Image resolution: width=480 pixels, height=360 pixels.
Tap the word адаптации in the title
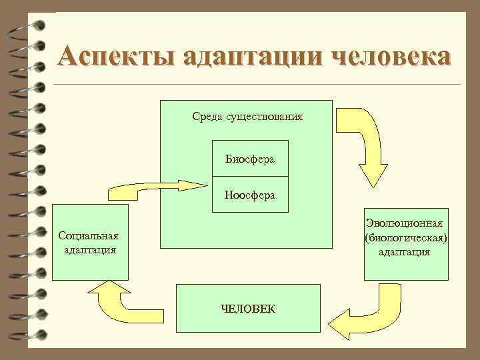[x=246, y=57]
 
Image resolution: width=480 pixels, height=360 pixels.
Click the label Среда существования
[x=247, y=117]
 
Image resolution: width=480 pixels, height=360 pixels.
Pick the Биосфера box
[x=250, y=159]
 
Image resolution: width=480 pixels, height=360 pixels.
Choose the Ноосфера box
[x=250, y=195]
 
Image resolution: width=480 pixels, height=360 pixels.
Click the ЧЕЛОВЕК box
[x=247, y=308]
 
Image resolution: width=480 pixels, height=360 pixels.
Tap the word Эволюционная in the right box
[x=405, y=227]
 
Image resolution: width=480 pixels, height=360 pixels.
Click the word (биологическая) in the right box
[x=405, y=239]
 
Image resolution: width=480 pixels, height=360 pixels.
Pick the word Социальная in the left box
[x=89, y=236]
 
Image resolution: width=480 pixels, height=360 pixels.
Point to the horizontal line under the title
[x=257, y=85]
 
